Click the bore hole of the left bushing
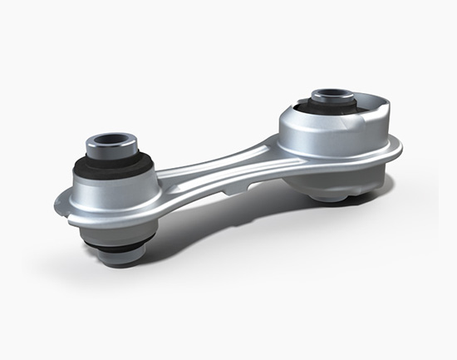click(110, 137)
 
